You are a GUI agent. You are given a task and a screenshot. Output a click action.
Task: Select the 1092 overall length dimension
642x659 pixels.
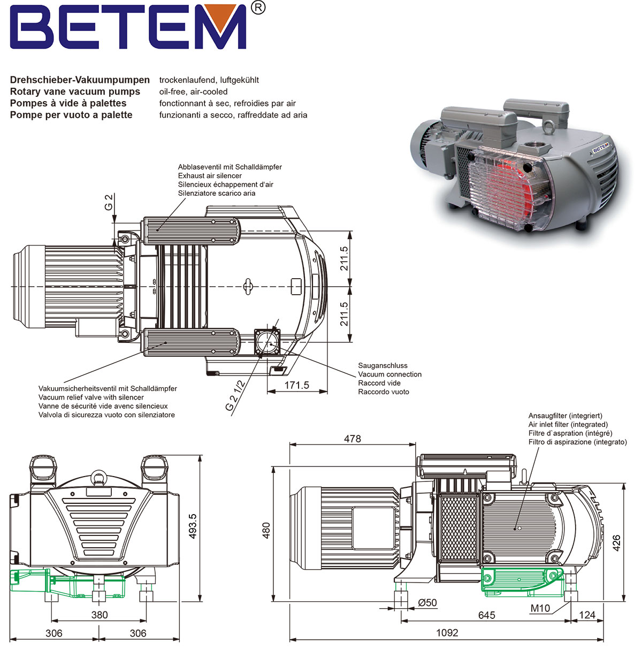coord(447,633)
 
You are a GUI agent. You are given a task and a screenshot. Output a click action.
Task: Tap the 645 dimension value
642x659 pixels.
coord(486,615)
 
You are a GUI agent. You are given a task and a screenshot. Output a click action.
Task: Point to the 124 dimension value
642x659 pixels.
coord(587,615)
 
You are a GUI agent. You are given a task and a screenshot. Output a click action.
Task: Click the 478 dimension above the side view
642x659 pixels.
coord(352,439)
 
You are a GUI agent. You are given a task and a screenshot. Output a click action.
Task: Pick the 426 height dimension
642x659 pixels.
coord(617,543)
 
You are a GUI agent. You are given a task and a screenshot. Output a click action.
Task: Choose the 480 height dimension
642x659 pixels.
coord(266,530)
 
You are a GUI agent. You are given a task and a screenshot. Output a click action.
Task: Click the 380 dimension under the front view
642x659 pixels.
coord(100,615)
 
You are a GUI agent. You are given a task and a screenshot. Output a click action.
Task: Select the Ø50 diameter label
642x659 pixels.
coord(427,603)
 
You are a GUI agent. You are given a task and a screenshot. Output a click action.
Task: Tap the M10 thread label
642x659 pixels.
coord(540,608)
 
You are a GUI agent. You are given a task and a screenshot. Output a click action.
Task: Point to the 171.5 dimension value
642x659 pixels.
coord(297,385)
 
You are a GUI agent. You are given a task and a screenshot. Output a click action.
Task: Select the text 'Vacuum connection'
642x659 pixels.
coord(389,374)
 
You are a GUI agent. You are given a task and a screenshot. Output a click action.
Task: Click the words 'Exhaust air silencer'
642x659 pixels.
coord(210,175)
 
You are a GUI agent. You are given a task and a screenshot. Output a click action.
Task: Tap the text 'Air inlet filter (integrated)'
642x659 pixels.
coord(568,424)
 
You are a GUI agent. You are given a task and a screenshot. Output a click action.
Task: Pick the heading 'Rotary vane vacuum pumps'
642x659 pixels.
coord(75,91)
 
